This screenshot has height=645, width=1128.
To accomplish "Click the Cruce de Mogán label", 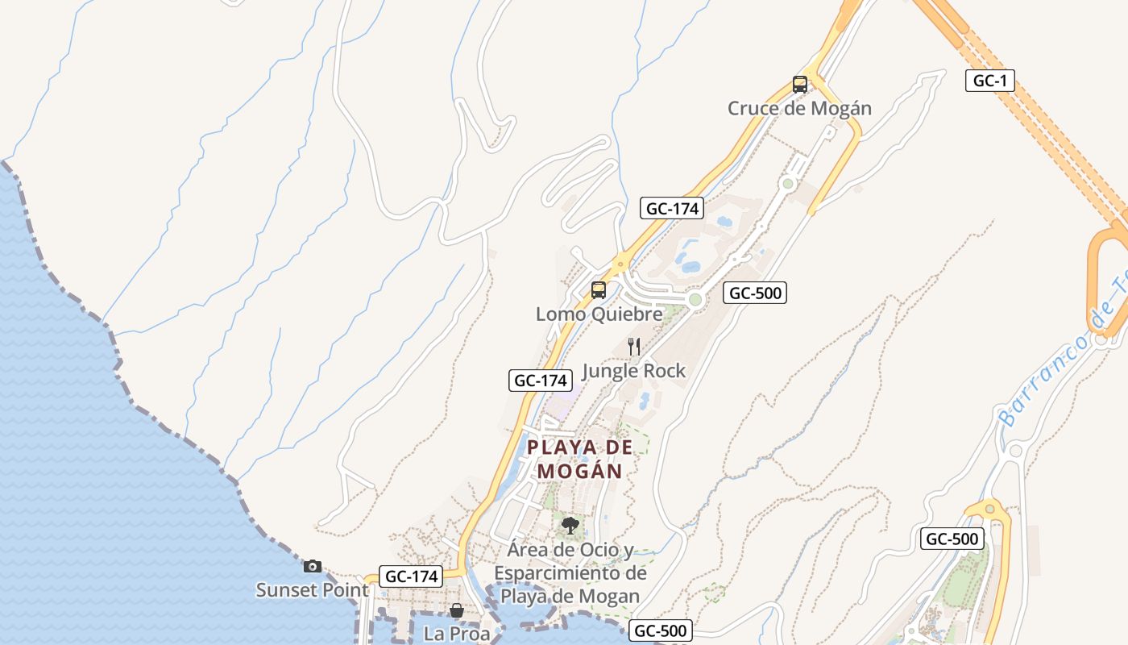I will (799, 108).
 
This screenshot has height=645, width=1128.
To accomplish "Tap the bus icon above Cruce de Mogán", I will (799, 84).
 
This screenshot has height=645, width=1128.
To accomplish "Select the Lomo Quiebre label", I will (599, 314).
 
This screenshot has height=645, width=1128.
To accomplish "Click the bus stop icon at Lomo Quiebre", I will (598, 289).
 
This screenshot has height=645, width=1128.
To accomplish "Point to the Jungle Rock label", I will (633, 371).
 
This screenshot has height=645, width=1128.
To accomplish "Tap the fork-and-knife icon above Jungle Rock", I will (634, 347).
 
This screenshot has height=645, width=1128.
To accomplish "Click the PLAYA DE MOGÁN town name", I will (580, 459).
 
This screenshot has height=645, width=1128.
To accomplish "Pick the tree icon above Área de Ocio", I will (570, 526).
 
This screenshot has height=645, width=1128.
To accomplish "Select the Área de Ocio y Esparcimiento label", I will (570, 573).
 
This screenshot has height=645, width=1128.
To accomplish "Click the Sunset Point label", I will (312, 590).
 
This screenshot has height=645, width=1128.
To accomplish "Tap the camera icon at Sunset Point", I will (313, 566).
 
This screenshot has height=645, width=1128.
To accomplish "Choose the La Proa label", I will (456, 634).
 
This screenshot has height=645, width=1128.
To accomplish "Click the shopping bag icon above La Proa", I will (456, 610).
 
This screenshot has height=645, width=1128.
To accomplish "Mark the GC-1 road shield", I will (990, 81).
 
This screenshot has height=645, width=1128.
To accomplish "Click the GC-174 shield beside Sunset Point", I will (411, 576).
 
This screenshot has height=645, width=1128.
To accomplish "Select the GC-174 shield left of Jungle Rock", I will (540, 381).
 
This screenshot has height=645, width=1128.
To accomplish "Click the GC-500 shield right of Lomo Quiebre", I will (754, 293).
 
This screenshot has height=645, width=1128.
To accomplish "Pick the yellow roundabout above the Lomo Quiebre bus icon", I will (621, 262).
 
